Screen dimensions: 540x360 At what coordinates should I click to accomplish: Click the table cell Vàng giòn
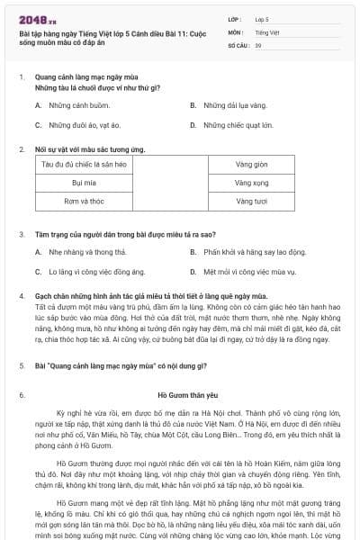point(251,165)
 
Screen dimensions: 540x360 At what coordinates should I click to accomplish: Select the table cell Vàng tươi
point(251,201)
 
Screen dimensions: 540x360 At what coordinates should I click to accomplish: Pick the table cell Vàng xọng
point(251,183)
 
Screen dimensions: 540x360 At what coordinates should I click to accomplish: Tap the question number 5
point(21,366)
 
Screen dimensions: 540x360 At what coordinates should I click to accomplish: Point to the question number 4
point(21,295)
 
